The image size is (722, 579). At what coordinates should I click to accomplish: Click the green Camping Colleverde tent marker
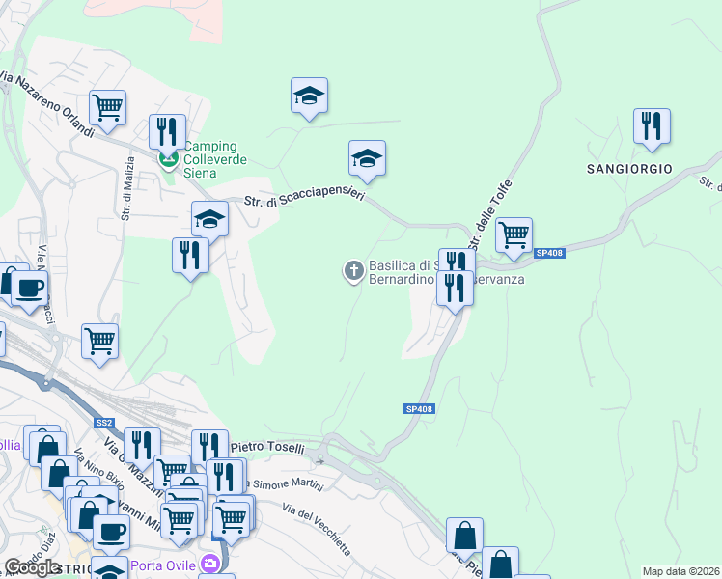coord(169,158)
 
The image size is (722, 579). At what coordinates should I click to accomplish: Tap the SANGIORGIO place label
coord(628,168)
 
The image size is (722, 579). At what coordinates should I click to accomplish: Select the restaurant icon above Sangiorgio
coord(653,125)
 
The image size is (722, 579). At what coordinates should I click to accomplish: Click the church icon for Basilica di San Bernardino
coord(354,271)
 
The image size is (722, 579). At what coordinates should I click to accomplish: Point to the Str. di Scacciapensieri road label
coord(304,199)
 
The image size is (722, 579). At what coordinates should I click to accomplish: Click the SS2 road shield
coord(104,423)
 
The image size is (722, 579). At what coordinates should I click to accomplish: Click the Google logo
coord(32,567)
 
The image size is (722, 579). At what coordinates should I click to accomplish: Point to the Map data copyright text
coord(681,571)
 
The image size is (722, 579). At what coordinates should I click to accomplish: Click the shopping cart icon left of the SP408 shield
coord(514,234)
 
